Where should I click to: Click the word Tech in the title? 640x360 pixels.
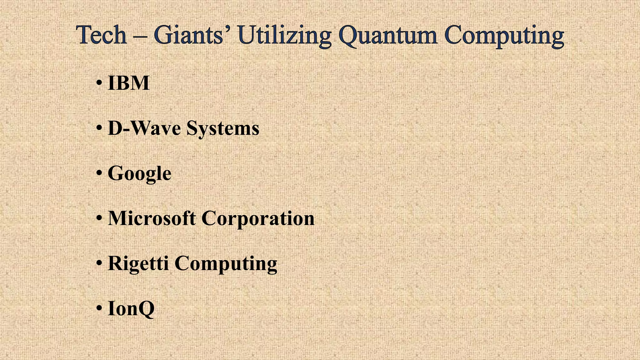[101, 35]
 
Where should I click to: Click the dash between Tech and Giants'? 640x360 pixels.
[140, 37]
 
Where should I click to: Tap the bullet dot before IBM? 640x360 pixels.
[99, 83]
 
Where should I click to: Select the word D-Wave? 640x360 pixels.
[144, 128]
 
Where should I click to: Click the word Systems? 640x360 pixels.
[223, 129]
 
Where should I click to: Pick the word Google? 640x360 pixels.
[139, 174]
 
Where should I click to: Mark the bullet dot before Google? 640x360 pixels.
[99, 173]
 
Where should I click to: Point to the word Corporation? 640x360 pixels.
[258, 219]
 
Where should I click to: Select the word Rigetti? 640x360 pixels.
[138, 263]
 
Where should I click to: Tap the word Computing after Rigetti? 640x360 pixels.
[226, 264]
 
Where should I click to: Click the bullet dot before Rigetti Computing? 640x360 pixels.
[99, 263]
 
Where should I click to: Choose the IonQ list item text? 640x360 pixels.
[131, 309]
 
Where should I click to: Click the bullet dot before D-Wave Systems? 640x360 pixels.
[99, 128]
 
